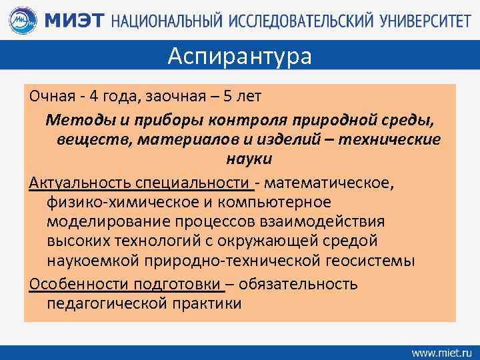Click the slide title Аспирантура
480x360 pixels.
point(239,56)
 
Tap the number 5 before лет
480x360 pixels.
point(227,96)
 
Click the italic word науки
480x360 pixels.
point(239,159)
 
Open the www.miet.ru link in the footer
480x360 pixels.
point(441,351)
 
